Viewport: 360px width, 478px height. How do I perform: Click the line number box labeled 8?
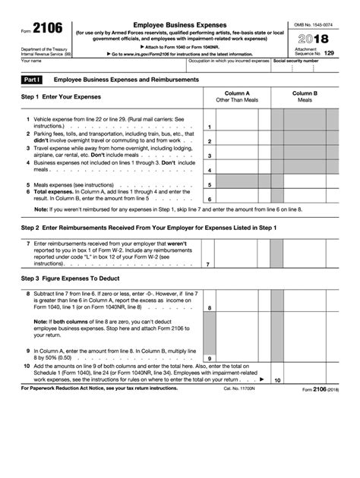coord(210,308)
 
